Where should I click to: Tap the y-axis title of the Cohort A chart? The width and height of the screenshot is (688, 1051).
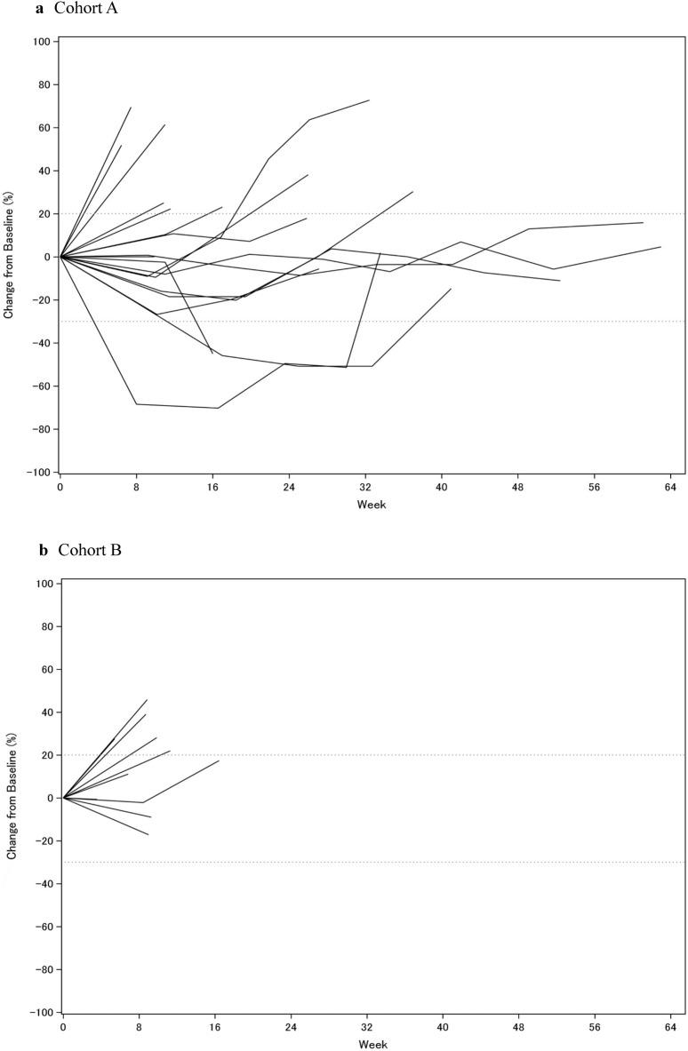point(9,257)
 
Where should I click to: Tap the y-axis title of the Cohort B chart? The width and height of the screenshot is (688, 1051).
point(11,798)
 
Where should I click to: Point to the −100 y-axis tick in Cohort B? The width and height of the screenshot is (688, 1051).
point(42,1012)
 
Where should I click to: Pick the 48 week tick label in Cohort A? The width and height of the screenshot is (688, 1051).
point(517,488)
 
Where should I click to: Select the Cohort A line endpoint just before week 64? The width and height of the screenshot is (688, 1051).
point(660,247)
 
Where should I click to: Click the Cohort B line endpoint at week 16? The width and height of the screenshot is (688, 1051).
point(219,760)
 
